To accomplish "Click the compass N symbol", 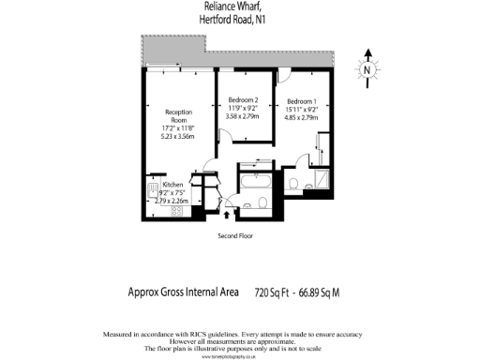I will click(x=368, y=68).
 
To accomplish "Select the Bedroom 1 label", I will click(x=302, y=101).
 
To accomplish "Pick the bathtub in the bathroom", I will click(x=253, y=181).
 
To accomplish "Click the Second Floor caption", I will click(x=238, y=236).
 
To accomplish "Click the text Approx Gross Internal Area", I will click(x=183, y=292).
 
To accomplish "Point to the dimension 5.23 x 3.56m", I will click(x=178, y=136).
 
